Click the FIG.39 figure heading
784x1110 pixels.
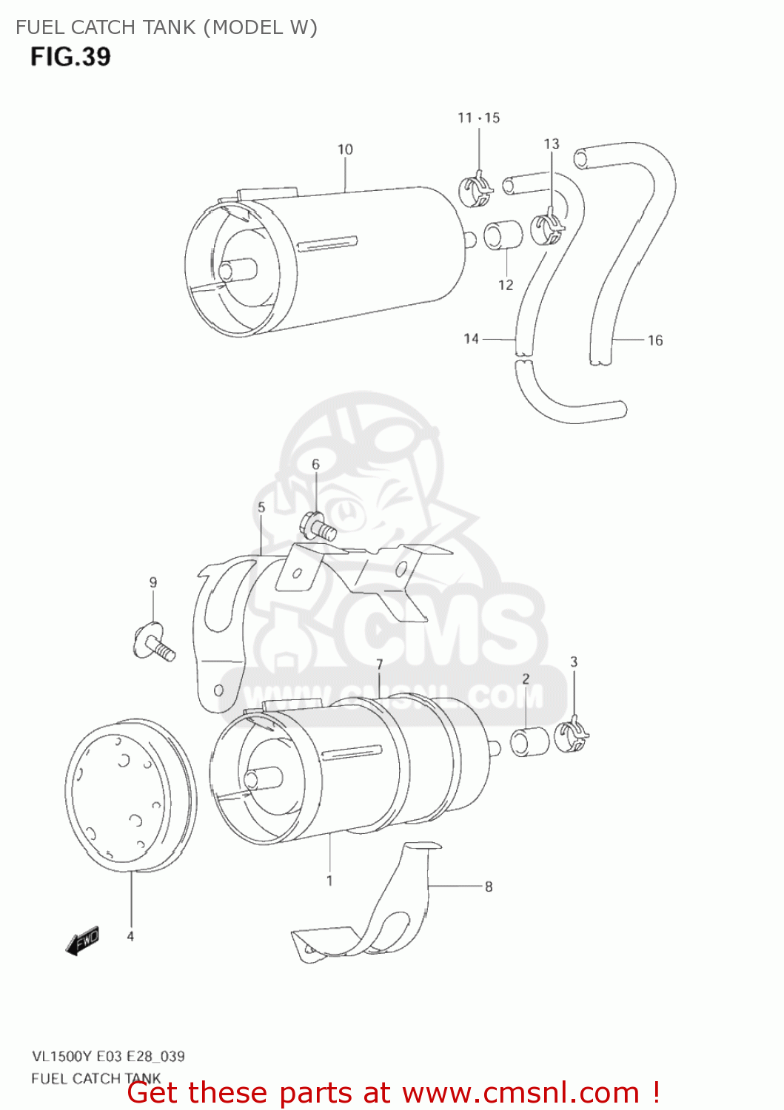click(x=70, y=57)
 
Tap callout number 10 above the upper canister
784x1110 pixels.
click(x=345, y=149)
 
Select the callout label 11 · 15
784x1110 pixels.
click(x=478, y=118)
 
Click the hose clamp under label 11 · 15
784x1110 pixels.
click(x=476, y=190)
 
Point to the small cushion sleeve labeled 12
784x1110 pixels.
click(x=503, y=236)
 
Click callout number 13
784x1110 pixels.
click(x=552, y=144)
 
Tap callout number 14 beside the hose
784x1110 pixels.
click(x=471, y=339)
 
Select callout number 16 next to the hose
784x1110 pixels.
click(x=655, y=340)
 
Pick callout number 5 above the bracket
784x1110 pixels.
click(x=261, y=508)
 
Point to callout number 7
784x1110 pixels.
click(x=379, y=665)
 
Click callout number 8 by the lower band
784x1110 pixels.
click(x=489, y=887)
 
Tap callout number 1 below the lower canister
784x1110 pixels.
click(x=329, y=881)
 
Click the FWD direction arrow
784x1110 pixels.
click(x=82, y=941)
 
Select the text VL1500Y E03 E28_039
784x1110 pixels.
click(x=108, y=1056)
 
